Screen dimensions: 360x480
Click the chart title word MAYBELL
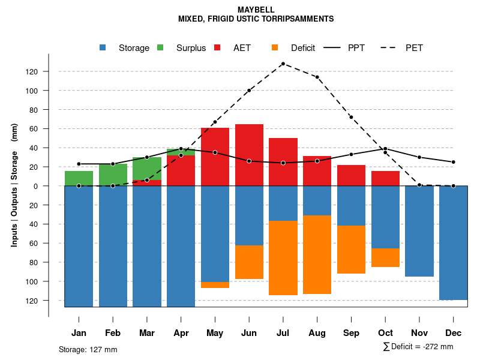pyautogui.click(x=256, y=10)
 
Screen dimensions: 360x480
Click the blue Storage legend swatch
pyautogui.click(x=103, y=48)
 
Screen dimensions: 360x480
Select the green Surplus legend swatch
pyautogui.click(x=160, y=48)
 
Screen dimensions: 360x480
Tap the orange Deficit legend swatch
pyautogui.click(x=275, y=48)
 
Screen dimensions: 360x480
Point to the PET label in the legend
pyautogui.click(x=414, y=48)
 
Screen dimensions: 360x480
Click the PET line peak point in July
pyautogui.click(x=283, y=64)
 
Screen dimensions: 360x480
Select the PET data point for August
pyautogui.click(x=317, y=77)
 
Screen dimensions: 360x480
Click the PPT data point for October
pyautogui.click(x=385, y=149)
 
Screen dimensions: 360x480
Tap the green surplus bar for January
pyautogui.click(x=79, y=178)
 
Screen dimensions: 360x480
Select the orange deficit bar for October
pyautogui.click(x=385, y=257)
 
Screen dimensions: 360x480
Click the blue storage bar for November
pyautogui.click(x=419, y=231)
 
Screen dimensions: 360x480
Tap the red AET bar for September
pyautogui.click(x=351, y=175)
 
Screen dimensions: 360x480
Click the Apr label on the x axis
pyautogui.click(x=181, y=333)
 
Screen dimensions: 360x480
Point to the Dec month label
pyautogui.click(x=454, y=333)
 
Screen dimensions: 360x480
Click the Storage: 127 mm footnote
pyautogui.click(x=88, y=349)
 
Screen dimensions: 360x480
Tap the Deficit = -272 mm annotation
pyautogui.click(x=418, y=347)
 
